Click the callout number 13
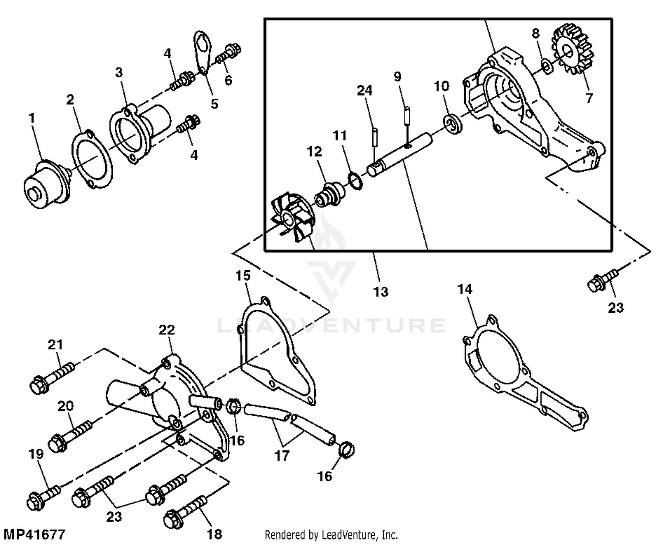[x=380, y=292]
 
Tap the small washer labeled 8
[x=547, y=67]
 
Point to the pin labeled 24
[x=374, y=136]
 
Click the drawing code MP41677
[x=34, y=534]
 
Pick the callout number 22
[x=167, y=330]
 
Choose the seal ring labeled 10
[x=453, y=123]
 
